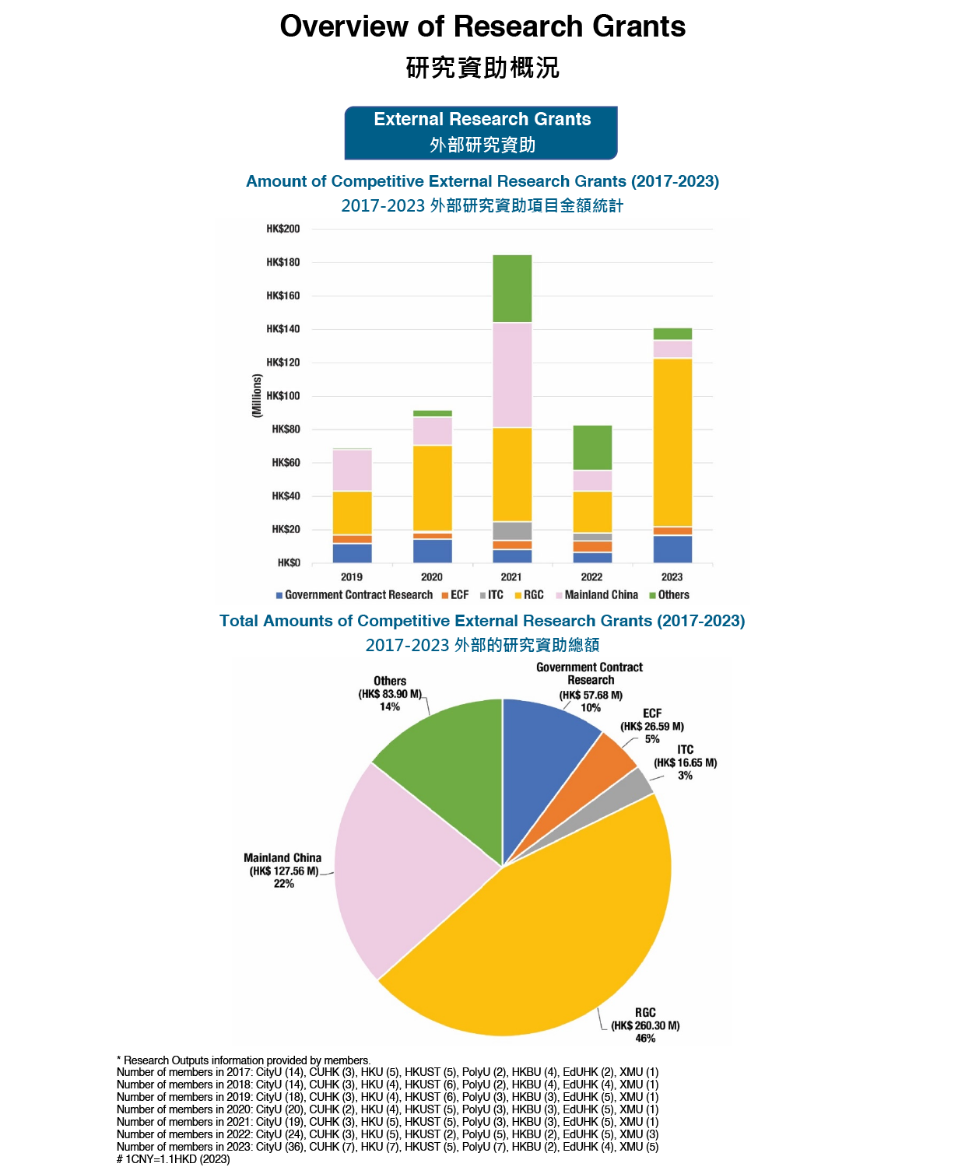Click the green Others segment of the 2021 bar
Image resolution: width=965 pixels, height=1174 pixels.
pos(512,289)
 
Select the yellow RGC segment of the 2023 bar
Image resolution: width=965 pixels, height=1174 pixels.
pos(672,442)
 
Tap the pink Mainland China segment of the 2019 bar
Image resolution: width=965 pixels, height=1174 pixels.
pos(352,470)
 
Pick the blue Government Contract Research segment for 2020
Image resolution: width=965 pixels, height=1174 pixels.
pos(432,551)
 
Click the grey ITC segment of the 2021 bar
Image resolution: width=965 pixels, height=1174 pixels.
pos(512,531)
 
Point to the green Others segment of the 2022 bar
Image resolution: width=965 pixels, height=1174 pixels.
pos(592,447)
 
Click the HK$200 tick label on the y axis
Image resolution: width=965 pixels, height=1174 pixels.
pos(282,229)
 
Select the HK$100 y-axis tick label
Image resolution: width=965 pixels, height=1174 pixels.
pos(282,396)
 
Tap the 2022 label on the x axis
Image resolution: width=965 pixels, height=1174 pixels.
pos(591,577)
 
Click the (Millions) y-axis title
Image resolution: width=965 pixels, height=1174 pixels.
pos(257,396)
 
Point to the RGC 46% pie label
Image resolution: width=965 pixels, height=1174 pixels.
pos(645,1025)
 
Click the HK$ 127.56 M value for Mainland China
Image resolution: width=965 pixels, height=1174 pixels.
pos(283,871)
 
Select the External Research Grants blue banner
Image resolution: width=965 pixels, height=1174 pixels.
pos(482,132)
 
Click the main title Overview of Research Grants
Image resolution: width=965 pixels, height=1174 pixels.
pos(482,26)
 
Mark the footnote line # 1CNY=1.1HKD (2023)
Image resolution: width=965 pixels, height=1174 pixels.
pos(174,1159)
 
